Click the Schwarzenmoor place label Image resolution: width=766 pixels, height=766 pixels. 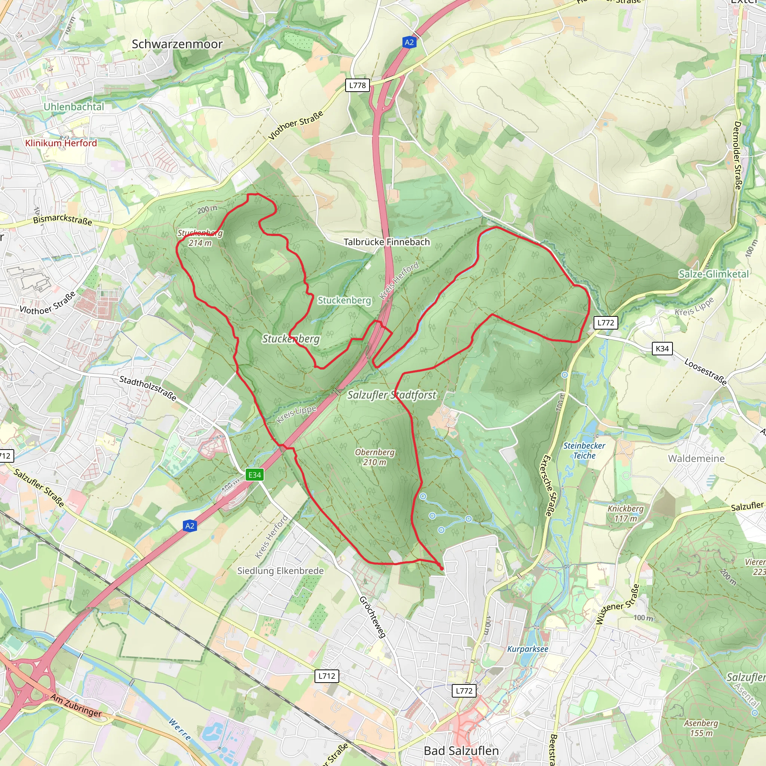(177, 44)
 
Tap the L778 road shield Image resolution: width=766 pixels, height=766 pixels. (357, 85)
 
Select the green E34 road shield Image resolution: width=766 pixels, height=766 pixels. (255, 475)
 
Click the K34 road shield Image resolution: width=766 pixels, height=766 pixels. (662, 349)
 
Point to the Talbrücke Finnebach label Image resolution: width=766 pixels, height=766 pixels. (387, 242)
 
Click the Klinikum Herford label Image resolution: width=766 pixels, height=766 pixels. (61, 143)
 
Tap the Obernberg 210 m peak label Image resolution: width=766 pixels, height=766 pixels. (375, 457)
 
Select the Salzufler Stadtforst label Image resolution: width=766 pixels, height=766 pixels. (392, 395)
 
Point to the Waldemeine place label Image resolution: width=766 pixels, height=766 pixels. (696, 458)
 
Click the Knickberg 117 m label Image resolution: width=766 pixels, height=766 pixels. (625, 514)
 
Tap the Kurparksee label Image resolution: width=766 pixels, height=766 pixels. (528, 649)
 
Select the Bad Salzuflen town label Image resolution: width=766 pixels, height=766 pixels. (461, 751)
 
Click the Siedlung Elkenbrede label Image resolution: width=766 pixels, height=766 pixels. (280, 570)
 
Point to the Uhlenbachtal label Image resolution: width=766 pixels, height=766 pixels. (74, 107)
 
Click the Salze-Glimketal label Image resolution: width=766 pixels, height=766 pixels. (714, 274)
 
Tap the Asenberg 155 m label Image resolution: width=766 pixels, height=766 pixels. (701, 728)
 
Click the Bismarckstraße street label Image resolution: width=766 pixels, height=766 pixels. (62, 220)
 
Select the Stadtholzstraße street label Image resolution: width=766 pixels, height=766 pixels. (148, 388)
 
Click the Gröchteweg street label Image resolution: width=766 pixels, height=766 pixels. (372, 617)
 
